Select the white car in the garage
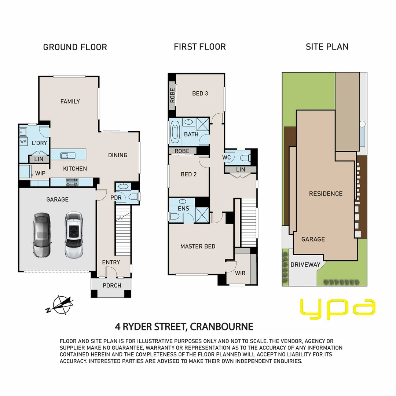click(73, 235)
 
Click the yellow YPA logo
click(338, 309)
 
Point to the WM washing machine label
click(23, 142)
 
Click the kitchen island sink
click(68, 155)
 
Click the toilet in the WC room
click(245, 158)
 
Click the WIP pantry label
click(40, 173)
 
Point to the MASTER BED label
click(198, 246)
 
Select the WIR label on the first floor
click(240, 273)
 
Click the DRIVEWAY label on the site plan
click(305, 265)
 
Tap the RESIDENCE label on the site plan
click(326, 194)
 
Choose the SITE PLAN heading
click(327, 47)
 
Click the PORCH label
click(111, 285)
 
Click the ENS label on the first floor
click(183, 209)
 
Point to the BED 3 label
click(200, 93)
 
